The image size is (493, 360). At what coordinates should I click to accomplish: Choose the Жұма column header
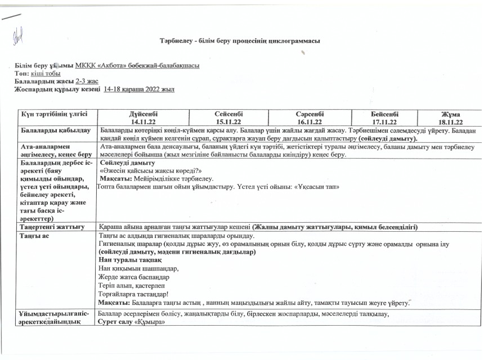point(451,114)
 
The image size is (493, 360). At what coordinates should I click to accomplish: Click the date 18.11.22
point(451,121)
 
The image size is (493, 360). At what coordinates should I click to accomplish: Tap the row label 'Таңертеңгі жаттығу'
point(52,227)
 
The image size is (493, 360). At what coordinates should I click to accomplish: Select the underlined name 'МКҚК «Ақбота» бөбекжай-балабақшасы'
point(141,66)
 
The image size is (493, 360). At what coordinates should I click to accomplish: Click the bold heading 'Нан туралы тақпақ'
point(127,261)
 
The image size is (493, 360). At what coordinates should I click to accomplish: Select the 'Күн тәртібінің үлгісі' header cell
point(54,114)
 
